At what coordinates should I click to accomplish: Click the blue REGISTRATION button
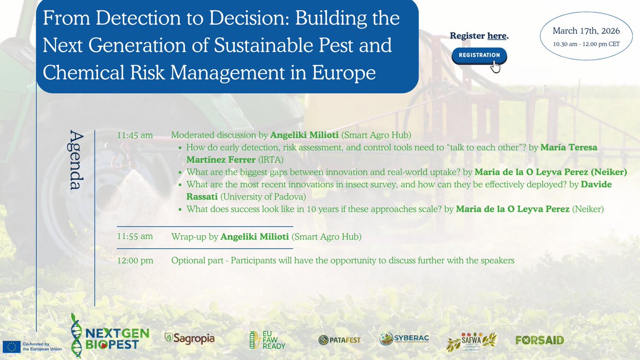click(x=479, y=55)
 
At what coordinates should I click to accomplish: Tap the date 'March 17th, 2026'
click(x=586, y=30)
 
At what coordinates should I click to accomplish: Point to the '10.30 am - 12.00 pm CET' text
click(x=586, y=44)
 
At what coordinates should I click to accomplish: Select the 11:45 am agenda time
click(x=135, y=135)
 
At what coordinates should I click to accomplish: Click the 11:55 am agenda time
click(x=135, y=236)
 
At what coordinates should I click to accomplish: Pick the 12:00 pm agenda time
click(x=135, y=260)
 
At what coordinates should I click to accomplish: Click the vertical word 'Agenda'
click(x=76, y=160)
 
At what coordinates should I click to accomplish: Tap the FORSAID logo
click(x=540, y=340)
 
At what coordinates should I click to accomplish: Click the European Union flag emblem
click(x=11, y=346)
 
